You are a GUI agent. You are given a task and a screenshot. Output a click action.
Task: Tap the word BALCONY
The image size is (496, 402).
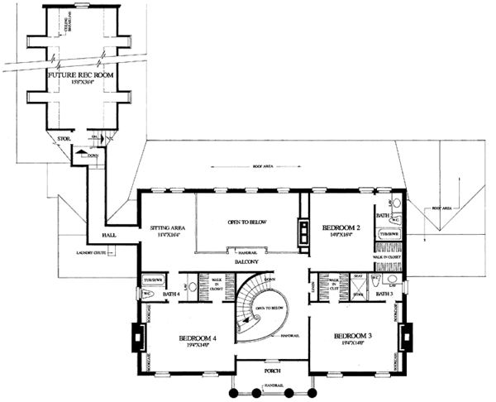[246, 261]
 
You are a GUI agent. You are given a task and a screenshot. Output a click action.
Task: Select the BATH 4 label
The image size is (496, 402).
[171, 294]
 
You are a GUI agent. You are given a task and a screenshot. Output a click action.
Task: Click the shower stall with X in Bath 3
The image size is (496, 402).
[358, 293]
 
